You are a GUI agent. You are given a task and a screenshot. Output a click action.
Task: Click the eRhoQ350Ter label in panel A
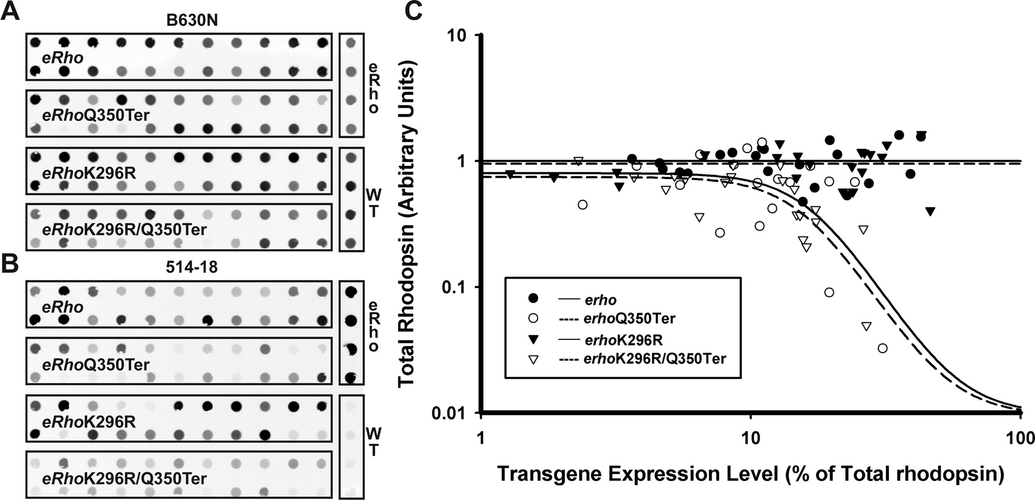click(95, 115)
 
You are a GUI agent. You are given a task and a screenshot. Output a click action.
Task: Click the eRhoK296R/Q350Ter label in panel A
click(124, 230)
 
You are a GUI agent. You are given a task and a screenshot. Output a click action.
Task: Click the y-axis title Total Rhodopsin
click(408, 223)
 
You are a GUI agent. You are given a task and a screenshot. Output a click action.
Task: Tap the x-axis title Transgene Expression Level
click(750, 474)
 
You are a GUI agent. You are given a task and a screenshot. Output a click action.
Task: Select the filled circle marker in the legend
click(534, 298)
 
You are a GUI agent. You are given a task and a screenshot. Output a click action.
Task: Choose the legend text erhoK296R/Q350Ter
click(654, 359)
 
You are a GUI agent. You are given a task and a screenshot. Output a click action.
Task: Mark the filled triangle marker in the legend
click(534, 339)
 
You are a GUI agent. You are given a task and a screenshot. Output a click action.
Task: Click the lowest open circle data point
click(882, 348)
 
